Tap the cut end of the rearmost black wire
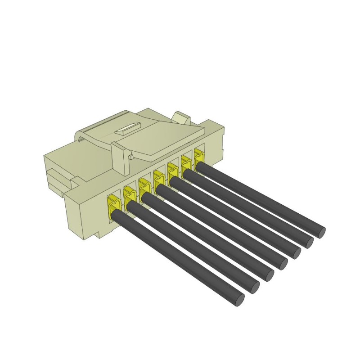[319, 232]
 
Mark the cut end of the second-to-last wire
[307, 242]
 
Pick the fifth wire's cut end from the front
[295, 252]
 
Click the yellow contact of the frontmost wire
[114, 205]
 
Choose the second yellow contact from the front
[130, 196]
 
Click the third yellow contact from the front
[144, 188]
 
